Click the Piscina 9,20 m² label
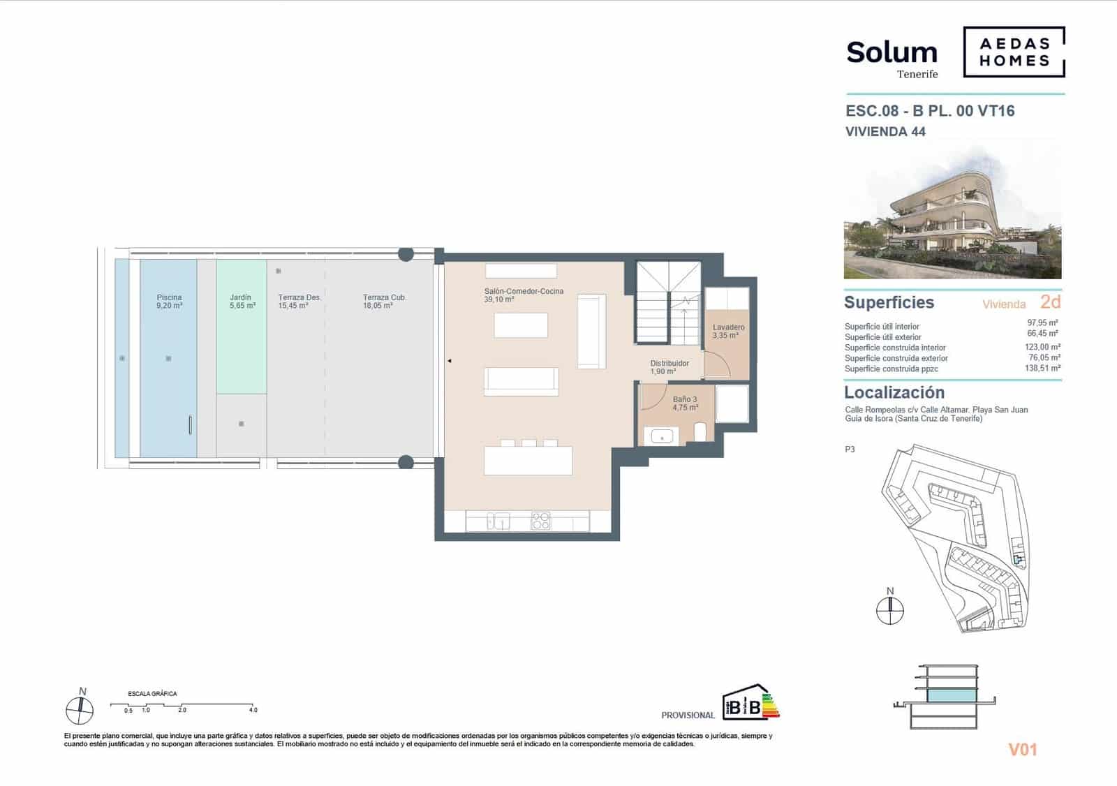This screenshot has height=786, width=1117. [169, 302]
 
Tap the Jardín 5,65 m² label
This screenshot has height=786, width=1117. [242, 302]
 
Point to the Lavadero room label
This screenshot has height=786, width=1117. [728, 331]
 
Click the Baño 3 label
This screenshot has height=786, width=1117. [685, 403]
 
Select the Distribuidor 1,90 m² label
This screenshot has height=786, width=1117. [669, 367]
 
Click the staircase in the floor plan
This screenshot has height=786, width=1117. [667, 303]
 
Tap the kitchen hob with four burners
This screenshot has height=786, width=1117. [541, 520]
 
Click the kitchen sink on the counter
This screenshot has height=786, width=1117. [498, 521]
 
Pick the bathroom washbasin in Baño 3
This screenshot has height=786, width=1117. [660, 437]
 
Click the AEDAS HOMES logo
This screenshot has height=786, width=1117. [1014, 52]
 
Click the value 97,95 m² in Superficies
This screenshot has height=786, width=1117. [1043, 323]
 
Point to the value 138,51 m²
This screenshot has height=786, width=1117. [1042, 368]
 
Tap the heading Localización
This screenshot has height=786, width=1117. [894, 392]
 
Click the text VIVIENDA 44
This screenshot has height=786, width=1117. [885, 131]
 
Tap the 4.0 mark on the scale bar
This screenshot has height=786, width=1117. [253, 709]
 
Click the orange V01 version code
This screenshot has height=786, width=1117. [1023, 750]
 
